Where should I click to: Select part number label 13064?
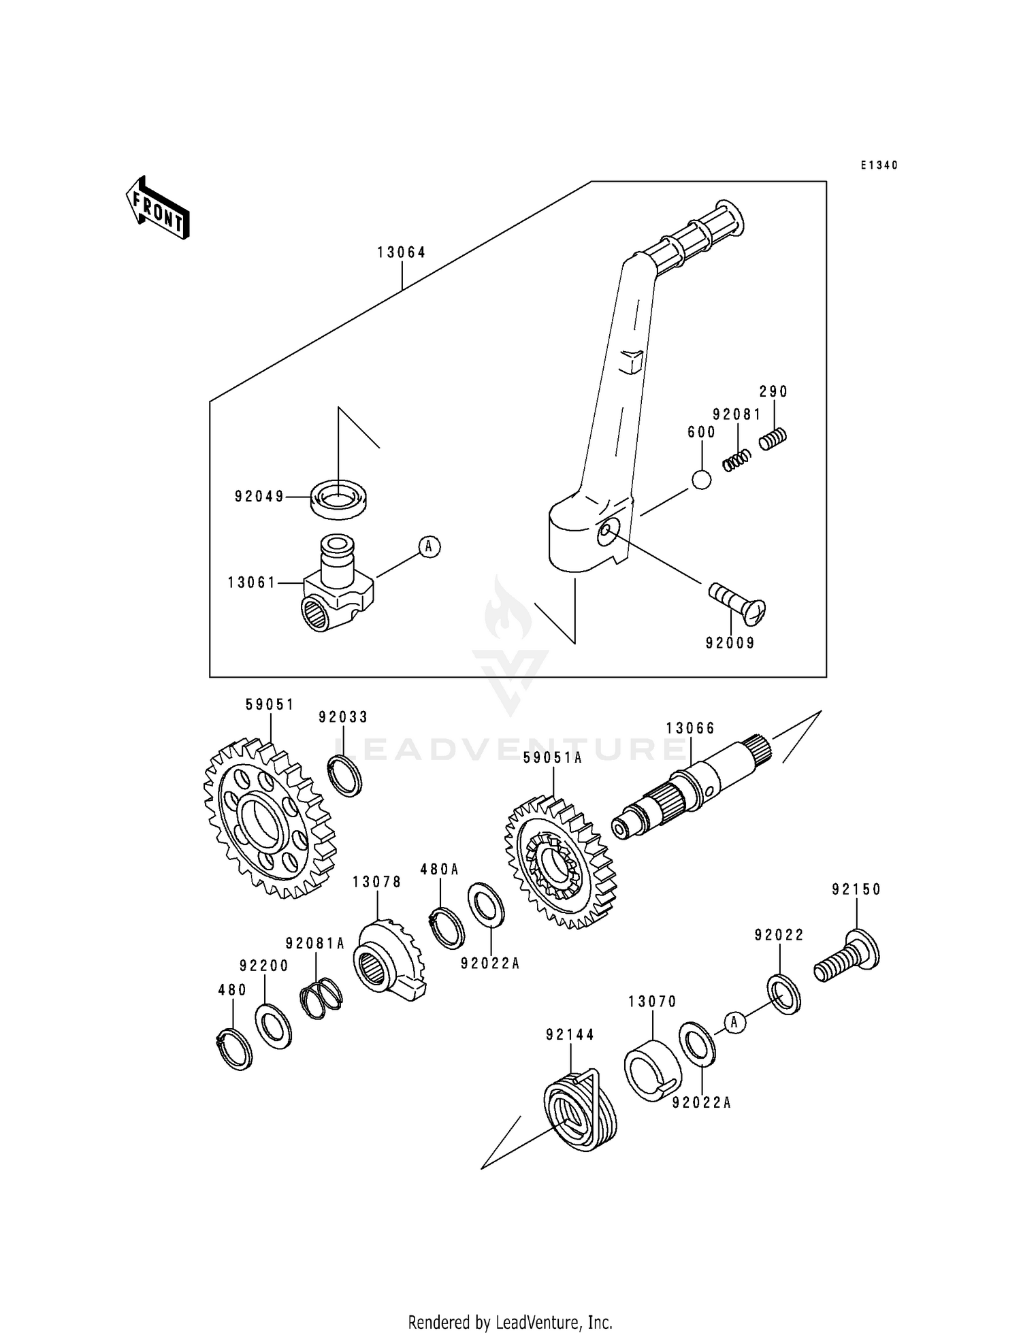(402, 252)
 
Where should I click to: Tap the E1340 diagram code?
(879, 165)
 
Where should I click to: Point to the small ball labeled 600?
(701, 480)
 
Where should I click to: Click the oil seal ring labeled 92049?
(338, 499)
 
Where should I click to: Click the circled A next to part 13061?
(429, 546)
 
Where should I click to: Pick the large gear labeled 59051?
(270, 817)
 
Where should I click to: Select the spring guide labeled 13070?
(652, 1069)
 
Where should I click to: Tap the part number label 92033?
(344, 717)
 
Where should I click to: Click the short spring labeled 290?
(773, 438)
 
